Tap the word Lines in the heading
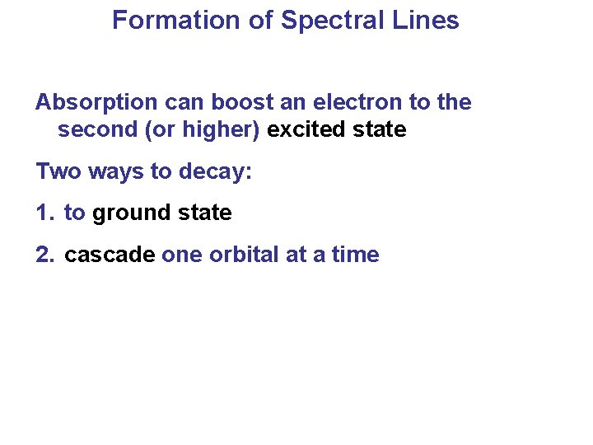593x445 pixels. click(427, 21)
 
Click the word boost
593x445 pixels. click(240, 102)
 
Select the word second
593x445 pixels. click(96, 130)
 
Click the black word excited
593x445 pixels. click(307, 130)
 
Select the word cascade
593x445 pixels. click(110, 255)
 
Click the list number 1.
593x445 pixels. click(44, 213)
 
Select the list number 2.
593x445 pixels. click(44, 255)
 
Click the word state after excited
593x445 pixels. click(379, 130)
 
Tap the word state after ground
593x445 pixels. click(205, 213)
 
